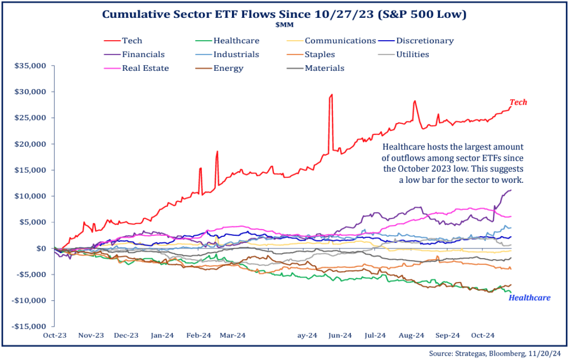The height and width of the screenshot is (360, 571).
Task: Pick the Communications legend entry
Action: [340, 41]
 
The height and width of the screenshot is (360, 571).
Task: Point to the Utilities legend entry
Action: [413, 55]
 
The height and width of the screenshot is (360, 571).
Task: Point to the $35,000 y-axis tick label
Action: [31, 66]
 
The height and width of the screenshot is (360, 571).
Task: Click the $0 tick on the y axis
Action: [42, 249]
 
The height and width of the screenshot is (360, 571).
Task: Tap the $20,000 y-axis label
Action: [31, 144]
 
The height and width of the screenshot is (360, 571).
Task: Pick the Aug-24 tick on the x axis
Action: [412, 335]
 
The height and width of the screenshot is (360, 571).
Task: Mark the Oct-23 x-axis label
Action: [55, 335]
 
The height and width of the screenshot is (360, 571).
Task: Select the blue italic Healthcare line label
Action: [529, 298]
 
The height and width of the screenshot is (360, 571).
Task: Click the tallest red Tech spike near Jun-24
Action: [331, 95]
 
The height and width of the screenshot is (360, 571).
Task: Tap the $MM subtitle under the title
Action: [285, 25]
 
